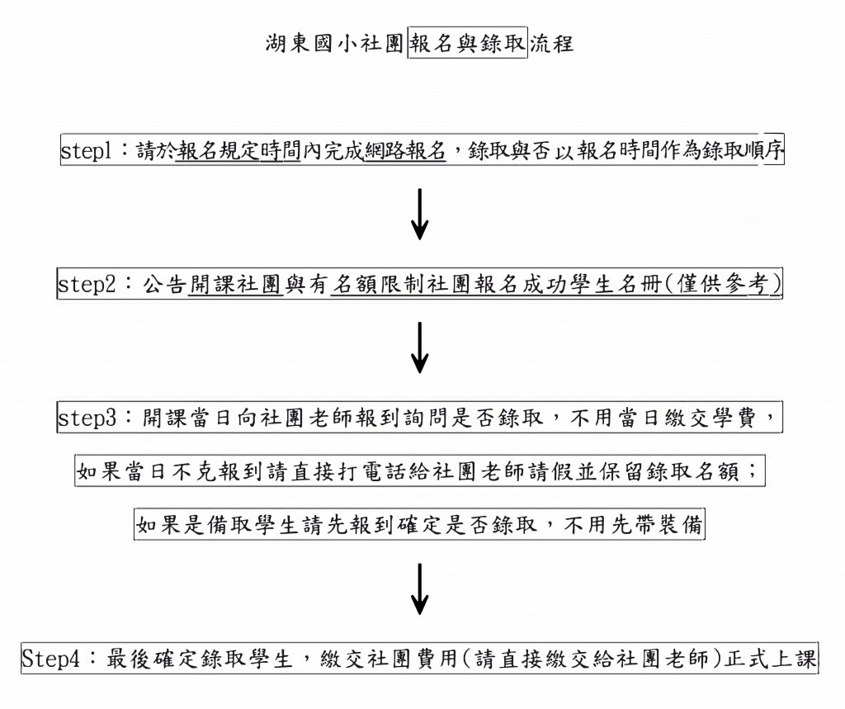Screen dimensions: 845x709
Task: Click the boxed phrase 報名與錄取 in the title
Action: (468, 43)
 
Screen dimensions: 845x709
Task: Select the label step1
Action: (86, 150)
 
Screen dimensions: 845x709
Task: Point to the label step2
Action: (87, 284)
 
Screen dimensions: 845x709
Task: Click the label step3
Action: (87, 418)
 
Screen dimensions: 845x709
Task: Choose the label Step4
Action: (50, 659)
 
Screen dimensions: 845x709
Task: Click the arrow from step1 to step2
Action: (419, 214)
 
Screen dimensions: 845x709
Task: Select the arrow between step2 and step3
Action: (419, 347)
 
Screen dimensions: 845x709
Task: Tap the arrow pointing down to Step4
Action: (419, 589)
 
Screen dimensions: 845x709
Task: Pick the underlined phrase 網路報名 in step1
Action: (405, 151)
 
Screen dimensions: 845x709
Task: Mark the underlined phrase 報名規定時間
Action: (238, 151)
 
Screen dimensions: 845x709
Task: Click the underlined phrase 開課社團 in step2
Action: (236, 284)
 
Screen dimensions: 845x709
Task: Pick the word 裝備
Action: (681, 525)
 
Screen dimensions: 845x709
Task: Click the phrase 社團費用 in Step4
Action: (412, 659)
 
